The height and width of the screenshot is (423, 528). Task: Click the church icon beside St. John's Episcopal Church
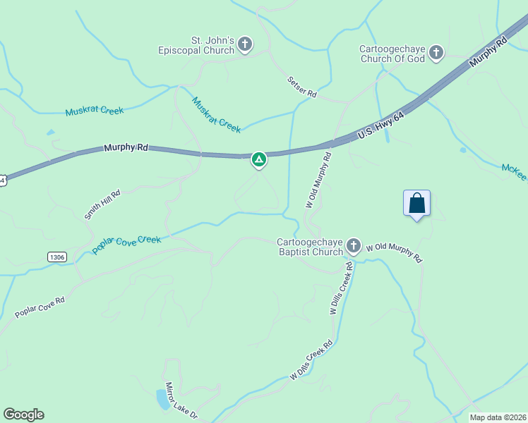point(245,46)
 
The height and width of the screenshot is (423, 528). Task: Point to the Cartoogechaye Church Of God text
point(392,54)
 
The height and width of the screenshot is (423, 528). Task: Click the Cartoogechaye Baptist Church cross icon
point(353,246)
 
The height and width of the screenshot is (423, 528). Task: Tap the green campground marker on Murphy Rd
point(259,160)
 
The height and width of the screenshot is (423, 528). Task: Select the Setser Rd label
point(302,87)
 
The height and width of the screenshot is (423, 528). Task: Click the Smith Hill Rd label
point(102,204)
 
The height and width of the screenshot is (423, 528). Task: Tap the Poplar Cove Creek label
point(126,245)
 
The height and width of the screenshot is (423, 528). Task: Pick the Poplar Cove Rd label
point(40,307)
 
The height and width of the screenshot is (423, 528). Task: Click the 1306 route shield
point(57,257)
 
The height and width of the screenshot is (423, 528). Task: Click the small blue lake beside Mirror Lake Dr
point(163,400)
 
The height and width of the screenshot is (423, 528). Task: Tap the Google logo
point(23,415)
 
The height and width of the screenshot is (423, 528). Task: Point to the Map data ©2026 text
point(497,417)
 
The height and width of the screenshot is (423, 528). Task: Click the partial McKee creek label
point(515,171)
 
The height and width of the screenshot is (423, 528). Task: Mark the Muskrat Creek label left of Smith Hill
point(95,111)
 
